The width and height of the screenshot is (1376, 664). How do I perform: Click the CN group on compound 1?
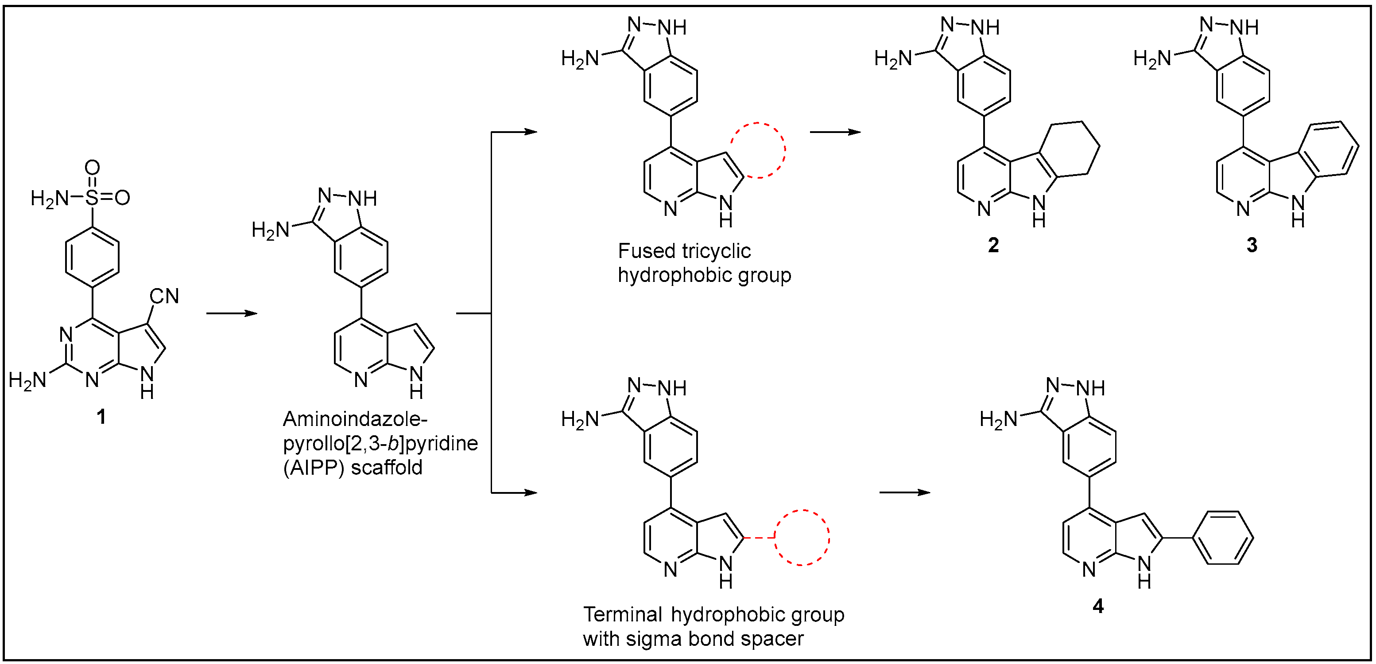click(x=164, y=296)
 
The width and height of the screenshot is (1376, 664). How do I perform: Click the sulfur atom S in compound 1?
click(x=93, y=198)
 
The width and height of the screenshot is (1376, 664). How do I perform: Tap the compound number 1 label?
click(x=101, y=417)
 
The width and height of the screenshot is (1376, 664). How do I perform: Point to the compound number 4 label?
click(x=1098, y=606)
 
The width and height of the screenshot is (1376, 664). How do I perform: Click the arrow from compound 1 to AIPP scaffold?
click(x=232, y=313)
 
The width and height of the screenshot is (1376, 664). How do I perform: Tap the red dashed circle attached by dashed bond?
click(x=801, y=537)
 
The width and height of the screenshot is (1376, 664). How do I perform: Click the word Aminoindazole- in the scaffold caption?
click(x=355, y=419)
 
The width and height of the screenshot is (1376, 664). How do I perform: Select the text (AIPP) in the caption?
click(x=313, y=468)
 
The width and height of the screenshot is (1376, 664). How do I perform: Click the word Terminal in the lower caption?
click(x=622, y=615)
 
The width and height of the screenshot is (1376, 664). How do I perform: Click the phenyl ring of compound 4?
click(x=1223, y=538)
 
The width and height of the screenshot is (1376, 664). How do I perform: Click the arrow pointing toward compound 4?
click(x=904, y=492)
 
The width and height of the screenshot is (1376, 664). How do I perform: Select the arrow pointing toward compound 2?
click(x=835, y=132)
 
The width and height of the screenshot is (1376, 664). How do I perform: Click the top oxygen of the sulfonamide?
click(x=93, y=168)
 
